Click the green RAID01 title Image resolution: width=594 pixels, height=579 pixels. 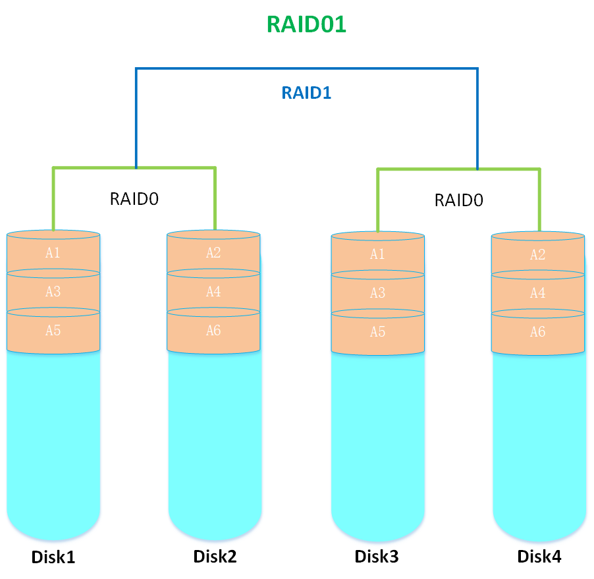tap(306, 24)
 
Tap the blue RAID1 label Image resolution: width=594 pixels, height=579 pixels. tap(306, 93)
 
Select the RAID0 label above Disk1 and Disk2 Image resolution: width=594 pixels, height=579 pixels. tap(134, 199)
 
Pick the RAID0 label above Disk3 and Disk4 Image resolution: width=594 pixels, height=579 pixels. tap(459, 200)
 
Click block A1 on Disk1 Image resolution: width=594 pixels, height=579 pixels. tap(53, 253)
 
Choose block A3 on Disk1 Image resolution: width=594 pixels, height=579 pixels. tap(53, 292)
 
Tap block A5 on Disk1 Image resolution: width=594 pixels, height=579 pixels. tap(53, 331)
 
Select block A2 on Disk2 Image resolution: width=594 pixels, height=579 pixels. tap(213, 253)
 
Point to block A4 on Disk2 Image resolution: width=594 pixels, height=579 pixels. tap(213, 292)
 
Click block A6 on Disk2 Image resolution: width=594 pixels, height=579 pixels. tap(213, 331)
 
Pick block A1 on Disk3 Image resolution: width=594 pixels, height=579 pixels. tap(377, 255)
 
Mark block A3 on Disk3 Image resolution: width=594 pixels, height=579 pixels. tap(377, 293)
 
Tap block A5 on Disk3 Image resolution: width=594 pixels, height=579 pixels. tap(377, 332)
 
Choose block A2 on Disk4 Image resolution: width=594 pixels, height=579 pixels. tap(538, 255)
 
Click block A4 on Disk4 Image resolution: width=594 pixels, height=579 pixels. tap(538, 293)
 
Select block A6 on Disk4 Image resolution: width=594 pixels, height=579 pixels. tap(538, 332)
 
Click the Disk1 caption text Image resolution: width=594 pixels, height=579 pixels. tap(53, 557)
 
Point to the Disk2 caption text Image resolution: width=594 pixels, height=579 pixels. tap(215, 557)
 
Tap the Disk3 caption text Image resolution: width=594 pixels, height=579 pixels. tap(377, 557)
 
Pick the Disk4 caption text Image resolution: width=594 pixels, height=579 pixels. tap(539, 557)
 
